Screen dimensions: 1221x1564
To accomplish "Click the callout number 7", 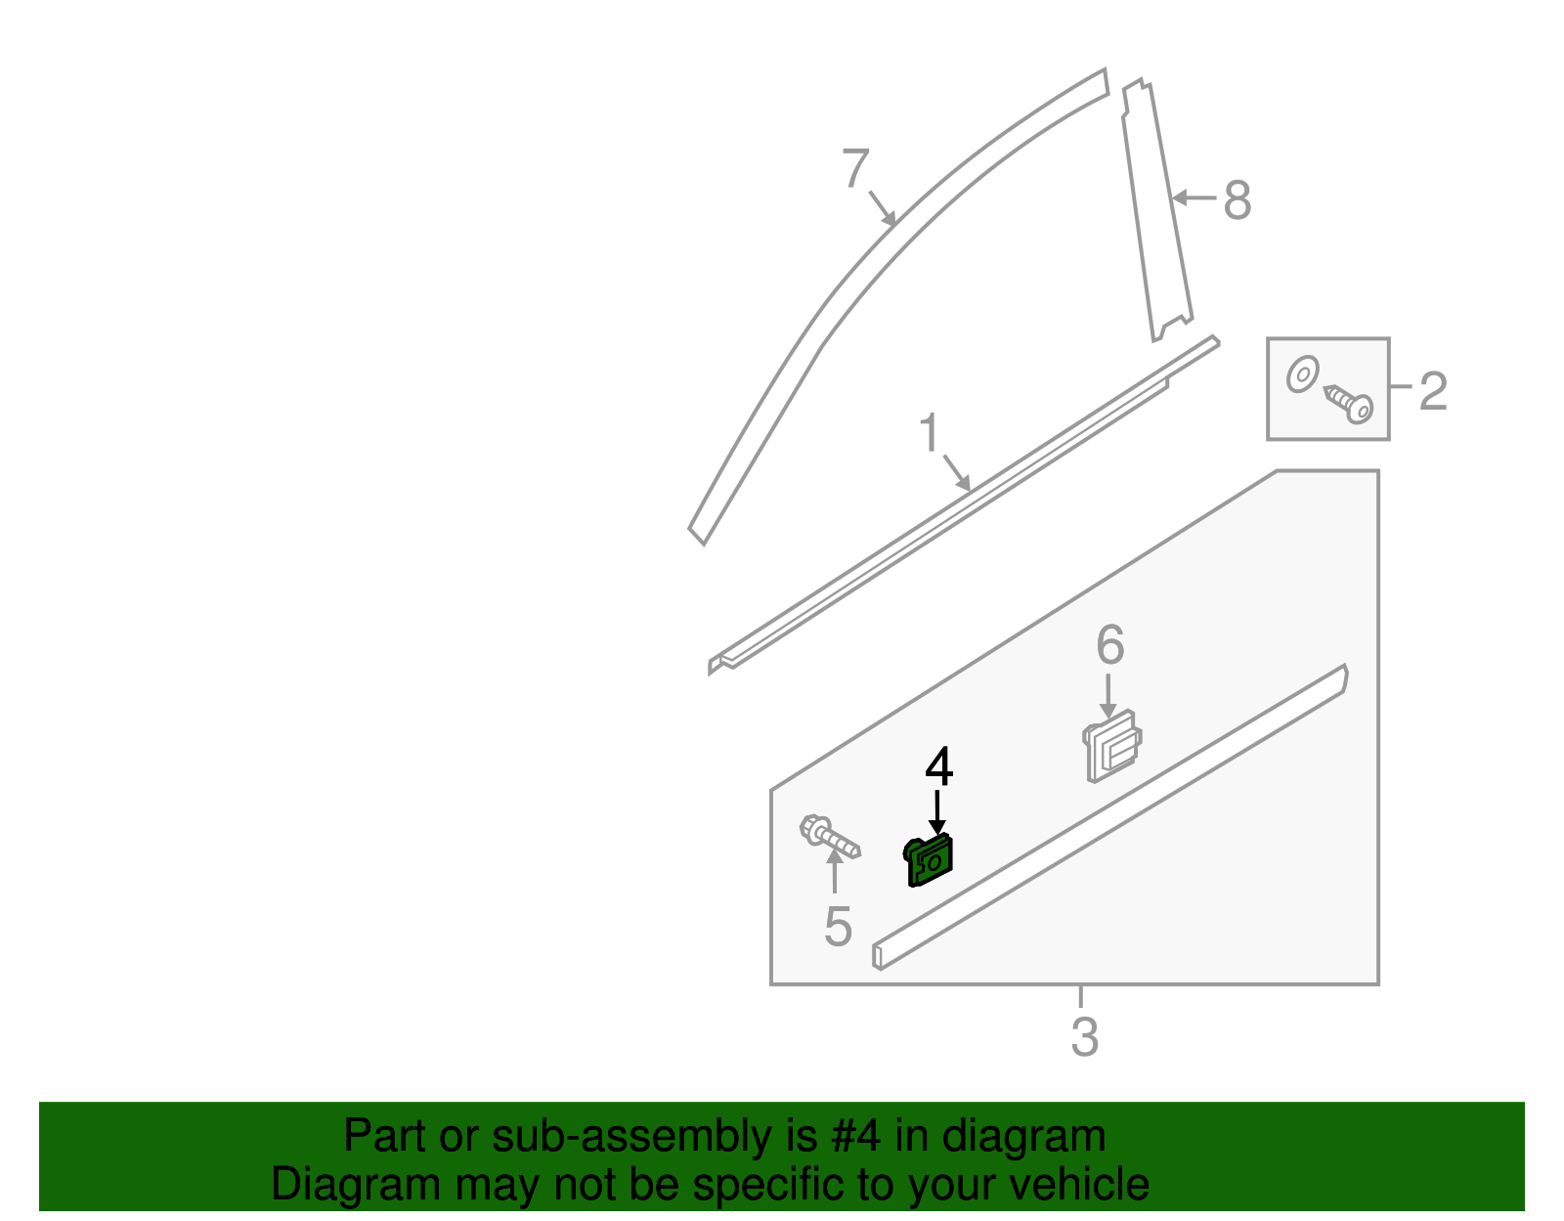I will (855, 169).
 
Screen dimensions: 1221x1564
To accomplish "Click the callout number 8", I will (1237, 200).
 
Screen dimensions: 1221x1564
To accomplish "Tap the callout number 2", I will (1432, 391).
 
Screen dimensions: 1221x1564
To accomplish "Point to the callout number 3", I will (1084, 1037).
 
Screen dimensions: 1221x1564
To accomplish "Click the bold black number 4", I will (938, 767).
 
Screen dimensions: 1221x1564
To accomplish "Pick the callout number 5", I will (838, 926).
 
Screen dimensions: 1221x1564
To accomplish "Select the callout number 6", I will (1109, 645).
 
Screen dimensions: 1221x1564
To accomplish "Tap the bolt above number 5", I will (829, 837).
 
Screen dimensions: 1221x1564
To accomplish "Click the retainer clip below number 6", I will (1111, 748).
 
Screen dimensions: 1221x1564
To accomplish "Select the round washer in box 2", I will (1302, 374).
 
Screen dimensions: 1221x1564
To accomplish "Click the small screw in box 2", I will (1350, 403).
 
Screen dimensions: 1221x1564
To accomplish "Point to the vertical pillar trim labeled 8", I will (1156, 210).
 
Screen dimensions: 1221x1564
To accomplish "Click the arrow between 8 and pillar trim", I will (1194, 198).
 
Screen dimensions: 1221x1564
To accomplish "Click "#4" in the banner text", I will (855, 1136).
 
